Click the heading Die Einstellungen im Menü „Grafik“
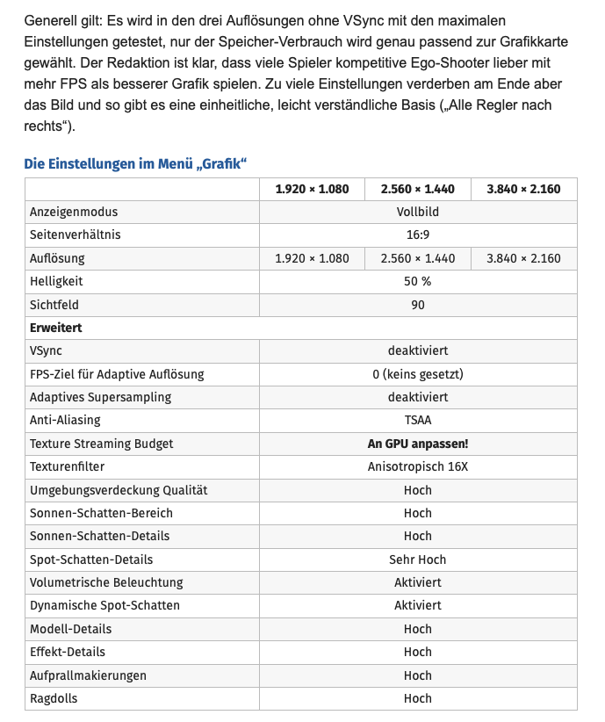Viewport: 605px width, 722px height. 135,163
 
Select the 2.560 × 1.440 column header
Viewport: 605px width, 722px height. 418,189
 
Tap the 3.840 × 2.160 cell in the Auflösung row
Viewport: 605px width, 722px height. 523,258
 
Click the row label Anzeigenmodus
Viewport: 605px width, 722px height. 74,212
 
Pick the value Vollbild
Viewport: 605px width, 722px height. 418,212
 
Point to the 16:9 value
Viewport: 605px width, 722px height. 418,235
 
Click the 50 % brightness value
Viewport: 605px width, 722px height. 418,281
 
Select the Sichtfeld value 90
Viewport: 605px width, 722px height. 418,305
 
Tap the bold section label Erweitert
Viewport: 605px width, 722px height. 55,328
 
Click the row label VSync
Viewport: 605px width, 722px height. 46,350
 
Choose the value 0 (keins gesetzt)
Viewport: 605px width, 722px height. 418,374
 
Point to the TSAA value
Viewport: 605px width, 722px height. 418,420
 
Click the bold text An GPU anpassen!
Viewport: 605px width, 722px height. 418,444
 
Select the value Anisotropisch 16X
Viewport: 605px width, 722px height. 418,466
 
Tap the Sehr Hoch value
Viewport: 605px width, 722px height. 418,560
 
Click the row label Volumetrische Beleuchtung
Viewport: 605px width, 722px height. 106,582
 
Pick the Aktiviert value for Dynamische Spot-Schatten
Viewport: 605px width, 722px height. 418,605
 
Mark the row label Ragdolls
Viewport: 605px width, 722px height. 54,698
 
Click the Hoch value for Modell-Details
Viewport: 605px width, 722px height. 418,629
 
